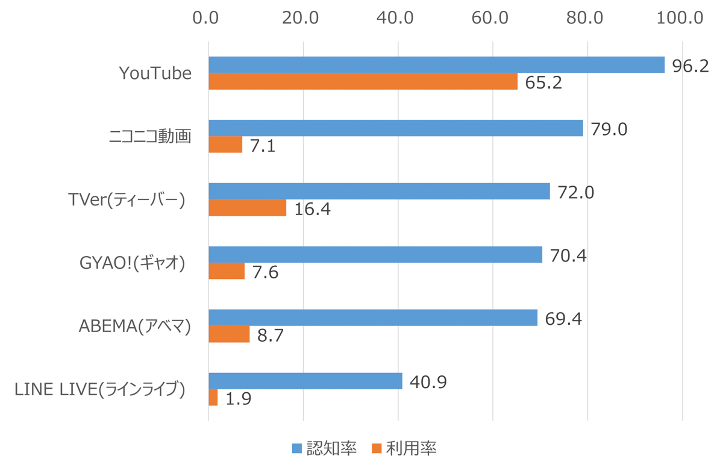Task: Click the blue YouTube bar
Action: tap(436, 65)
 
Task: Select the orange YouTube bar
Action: tap(363, 81)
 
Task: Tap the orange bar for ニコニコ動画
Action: tap(225, 145)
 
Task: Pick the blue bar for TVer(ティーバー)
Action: tap(379, 191)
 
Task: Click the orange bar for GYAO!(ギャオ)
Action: tap(227, 271)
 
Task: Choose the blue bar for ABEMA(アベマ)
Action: tap(373, 318)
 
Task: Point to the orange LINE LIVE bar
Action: tap(213, 398)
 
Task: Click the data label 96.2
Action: tap(690, 66)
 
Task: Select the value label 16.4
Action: tap(313, 209)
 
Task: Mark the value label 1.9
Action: tap(238, 399)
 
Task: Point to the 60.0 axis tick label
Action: tap(492, 17)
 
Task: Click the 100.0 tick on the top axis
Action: tap(681, 17)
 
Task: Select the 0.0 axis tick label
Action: tap(208, 17)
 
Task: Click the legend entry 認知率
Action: tap(324, 448)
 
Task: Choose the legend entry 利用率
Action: tap(404, 448)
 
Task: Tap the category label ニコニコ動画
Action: tap(150, 136)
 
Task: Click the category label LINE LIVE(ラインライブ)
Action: tap(99, 390)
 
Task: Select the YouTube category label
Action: tap(155, 74)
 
